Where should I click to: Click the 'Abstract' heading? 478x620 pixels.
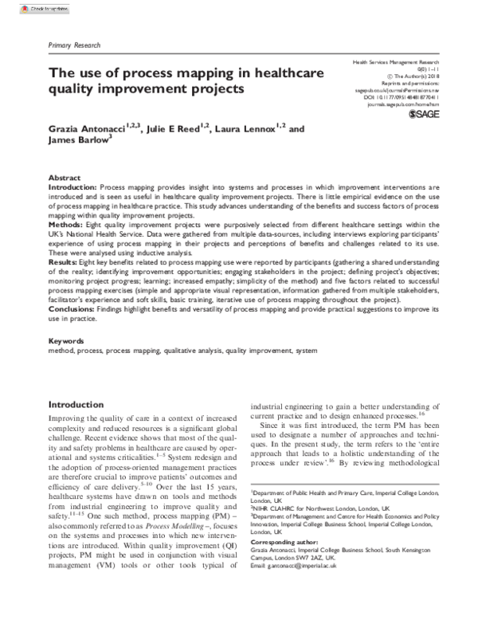click(x=65, y=178)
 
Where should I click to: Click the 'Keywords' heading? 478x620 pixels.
click(x=68, y=340)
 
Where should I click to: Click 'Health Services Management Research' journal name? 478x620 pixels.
click(x=396, y=63)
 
